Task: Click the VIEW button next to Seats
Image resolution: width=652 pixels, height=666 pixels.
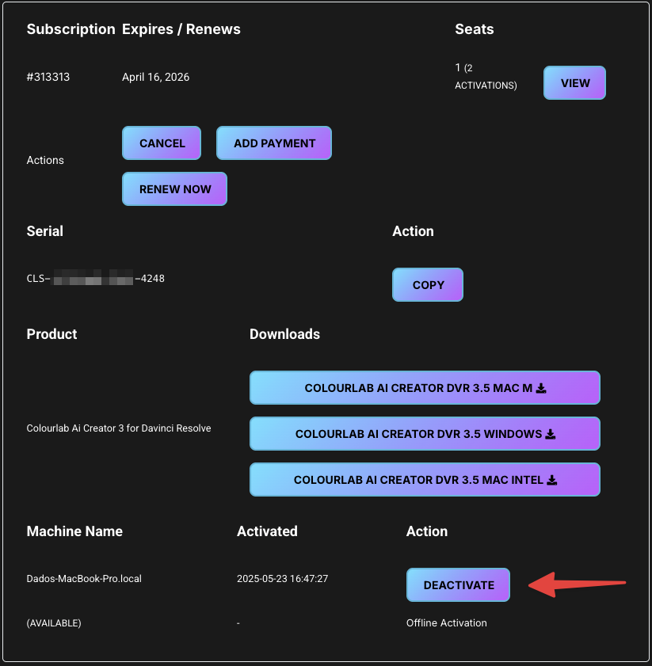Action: [574, 83]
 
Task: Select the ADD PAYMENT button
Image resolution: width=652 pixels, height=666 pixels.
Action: [274, 143]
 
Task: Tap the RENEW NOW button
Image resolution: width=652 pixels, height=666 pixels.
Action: [174, 189]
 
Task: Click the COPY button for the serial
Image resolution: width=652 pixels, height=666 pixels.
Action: [428, 285]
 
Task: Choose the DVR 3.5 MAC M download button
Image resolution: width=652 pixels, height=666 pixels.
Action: [425, 388]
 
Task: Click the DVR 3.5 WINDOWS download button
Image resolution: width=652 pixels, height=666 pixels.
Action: [425, 434]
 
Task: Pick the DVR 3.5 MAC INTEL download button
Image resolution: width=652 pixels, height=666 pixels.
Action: [425, 480]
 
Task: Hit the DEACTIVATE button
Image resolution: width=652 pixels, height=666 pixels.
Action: [458, 585]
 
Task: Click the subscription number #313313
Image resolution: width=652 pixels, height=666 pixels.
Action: [48, 78]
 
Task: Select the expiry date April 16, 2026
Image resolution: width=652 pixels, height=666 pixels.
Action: [155, 78]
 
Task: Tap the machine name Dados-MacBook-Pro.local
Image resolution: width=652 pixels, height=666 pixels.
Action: [84, 579]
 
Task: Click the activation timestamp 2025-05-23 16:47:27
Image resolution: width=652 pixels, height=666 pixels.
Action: [282, 579]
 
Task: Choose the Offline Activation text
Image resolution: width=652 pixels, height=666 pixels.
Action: [446, 623]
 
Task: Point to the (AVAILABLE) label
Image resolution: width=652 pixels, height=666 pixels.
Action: [54, 623]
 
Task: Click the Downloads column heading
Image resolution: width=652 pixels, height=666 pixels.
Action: [284, 334]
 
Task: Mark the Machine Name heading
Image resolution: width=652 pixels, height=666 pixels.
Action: [74, 531]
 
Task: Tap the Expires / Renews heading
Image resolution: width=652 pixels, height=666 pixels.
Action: [181, 29]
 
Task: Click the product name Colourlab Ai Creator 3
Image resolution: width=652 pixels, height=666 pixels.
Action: [119, 428]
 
